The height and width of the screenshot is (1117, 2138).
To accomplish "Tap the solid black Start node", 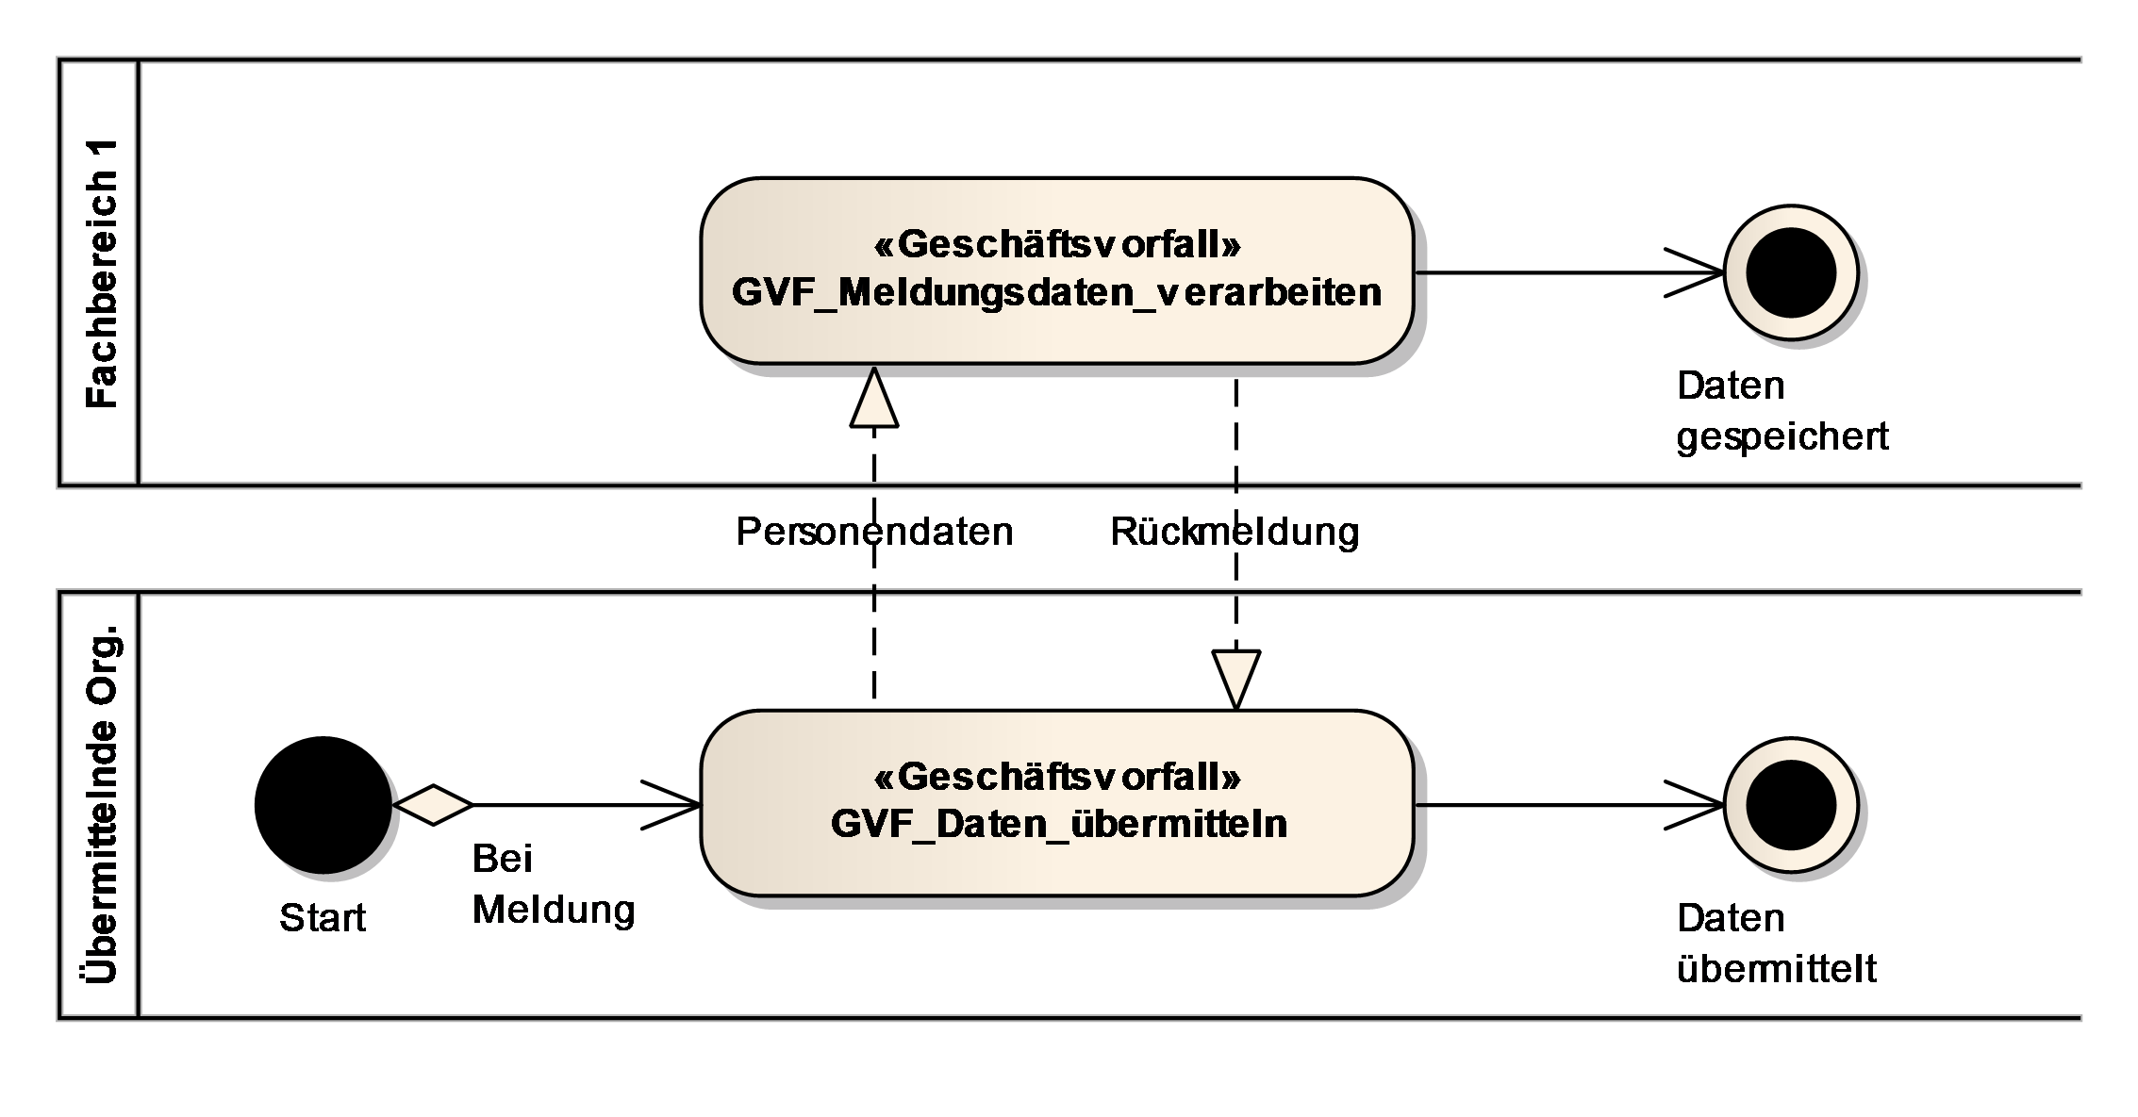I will click(x=323, y=804).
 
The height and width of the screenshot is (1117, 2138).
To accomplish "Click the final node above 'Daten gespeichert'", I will click(x=1790, y=272).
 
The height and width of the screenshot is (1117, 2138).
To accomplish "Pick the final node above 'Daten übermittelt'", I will click(x=1790, y=805).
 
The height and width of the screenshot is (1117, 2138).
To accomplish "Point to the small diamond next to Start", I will click(x=433, y=804).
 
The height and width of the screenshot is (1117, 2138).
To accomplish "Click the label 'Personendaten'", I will click(x=873, y=532).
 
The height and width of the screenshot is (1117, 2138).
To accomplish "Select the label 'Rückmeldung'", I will click(x=1235, y=532).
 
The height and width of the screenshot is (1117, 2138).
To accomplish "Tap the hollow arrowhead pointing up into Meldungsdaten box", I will click(x=874, y=400).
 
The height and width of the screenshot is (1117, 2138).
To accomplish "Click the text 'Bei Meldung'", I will click(x=553, y=884).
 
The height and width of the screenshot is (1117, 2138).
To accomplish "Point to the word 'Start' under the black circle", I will click(x=323, y=917).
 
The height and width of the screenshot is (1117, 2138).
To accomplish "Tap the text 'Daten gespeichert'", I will click(x=1781, y=411).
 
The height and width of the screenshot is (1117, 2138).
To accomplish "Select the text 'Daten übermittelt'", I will click(x=1776, y=943).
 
